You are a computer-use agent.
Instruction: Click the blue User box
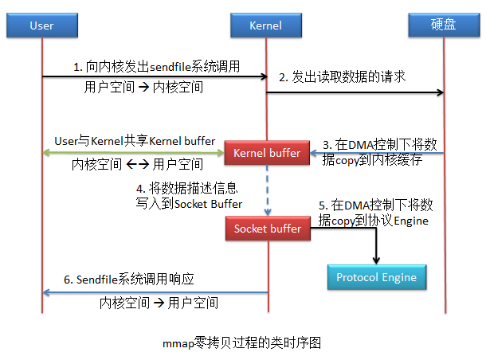41,25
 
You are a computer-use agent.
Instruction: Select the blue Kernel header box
267,25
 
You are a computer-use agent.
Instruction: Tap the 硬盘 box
444,25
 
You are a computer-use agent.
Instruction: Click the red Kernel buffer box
267,152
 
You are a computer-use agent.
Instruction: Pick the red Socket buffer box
267,229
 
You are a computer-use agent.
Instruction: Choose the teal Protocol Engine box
376,277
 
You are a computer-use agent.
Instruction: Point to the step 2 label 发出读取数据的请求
343,77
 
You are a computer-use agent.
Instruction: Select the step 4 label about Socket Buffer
189,196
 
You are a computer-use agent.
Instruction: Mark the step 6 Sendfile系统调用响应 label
129,280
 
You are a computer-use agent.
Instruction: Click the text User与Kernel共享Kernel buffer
135,141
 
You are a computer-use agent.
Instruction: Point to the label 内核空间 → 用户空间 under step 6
159,303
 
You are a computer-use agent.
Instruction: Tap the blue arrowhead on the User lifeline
46,292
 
